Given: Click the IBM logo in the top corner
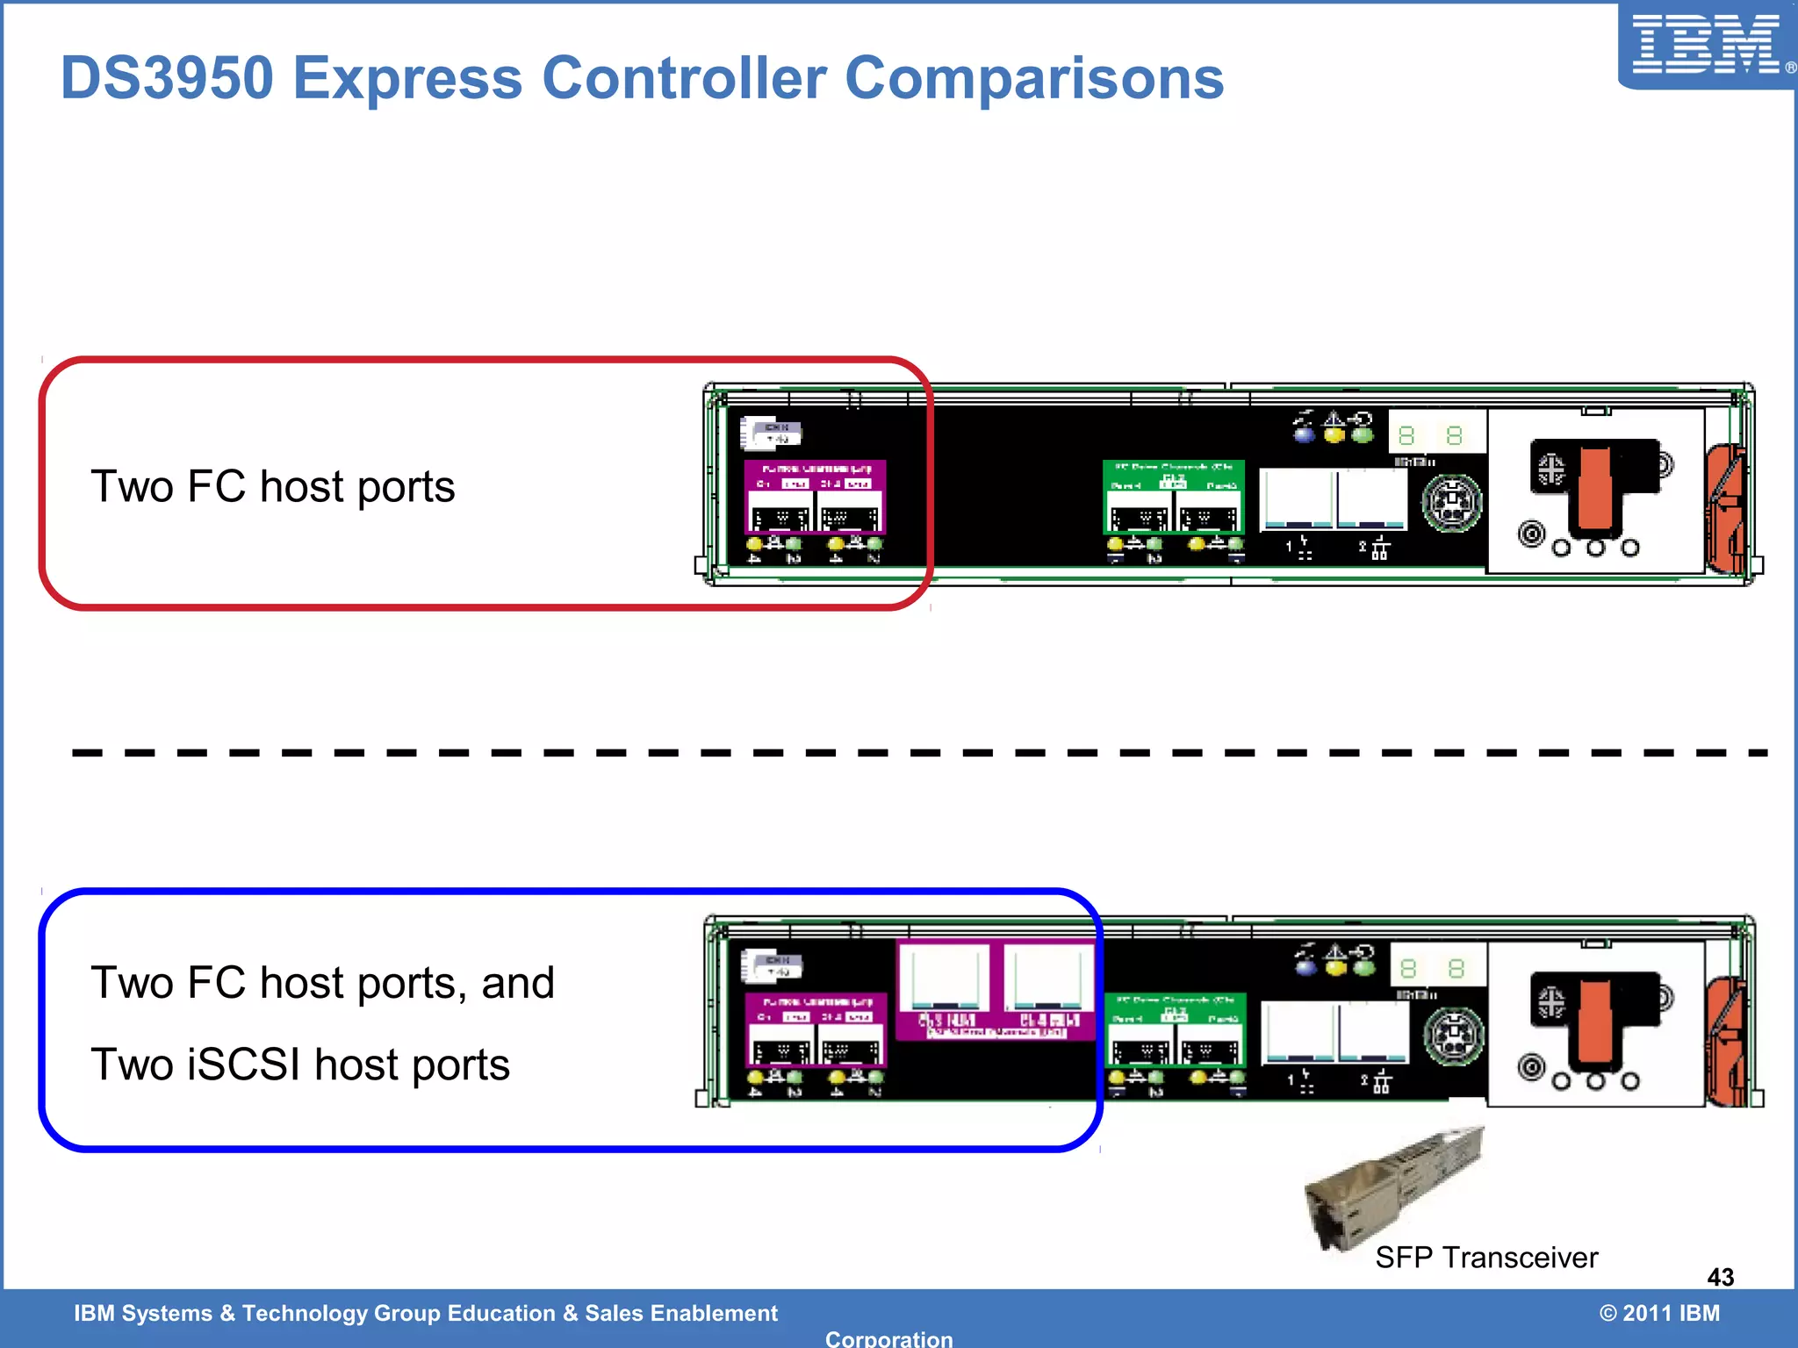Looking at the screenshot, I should pos(1705,44).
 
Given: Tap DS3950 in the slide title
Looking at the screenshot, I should pos(167,79).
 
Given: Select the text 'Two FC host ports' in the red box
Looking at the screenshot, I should pos(272,486).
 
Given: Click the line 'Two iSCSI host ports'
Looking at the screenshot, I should pos(300,1065).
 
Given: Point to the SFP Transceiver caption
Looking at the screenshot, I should pos(1485,1258).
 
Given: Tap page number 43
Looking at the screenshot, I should pos(1720,1277).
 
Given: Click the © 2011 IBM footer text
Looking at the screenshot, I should pos(1659,1313).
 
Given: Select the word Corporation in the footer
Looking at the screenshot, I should pos(888,1338).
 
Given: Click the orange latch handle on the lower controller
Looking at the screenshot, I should pos(1595,1022).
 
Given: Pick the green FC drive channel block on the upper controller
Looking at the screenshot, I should pos(1173,497).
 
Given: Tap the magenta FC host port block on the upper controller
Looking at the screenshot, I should pos(815,497).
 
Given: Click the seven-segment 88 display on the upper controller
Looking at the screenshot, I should pos(1431,435).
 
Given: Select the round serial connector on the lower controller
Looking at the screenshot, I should pos(1453,1036).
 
